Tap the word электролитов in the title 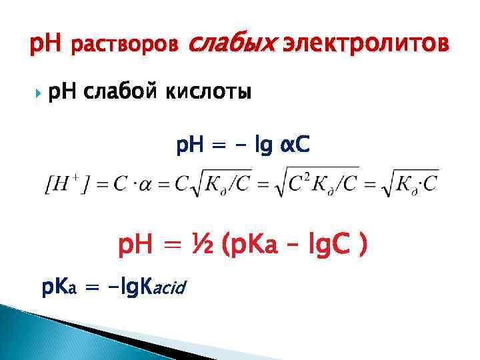tap(361, 45)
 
